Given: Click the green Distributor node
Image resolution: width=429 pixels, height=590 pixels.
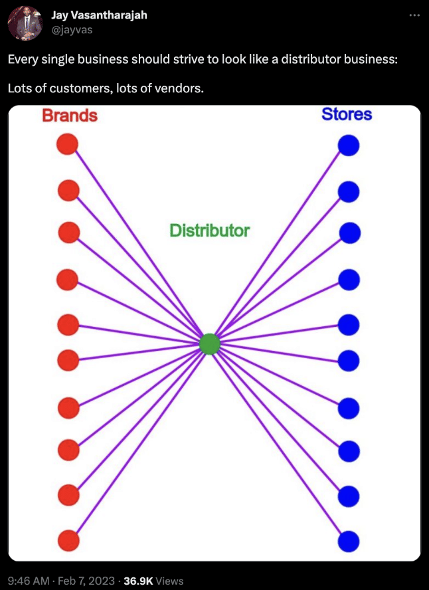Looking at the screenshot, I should (x=209, y=344).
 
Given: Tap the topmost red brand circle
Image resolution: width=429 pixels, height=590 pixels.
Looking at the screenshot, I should (x=68, y=144).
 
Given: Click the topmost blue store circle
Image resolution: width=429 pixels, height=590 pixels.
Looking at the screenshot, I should (x=349, y=146).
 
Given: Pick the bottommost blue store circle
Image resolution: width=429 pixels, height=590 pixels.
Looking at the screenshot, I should (x=349, y=541).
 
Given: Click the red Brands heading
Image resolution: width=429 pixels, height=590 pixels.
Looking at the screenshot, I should (x=70, y=116).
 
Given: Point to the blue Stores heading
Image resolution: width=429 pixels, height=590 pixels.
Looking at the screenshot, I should (x=347, y=114).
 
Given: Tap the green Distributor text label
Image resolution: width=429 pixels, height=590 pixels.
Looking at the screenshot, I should (x=209, y=231).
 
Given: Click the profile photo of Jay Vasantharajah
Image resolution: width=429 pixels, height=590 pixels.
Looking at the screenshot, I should (x=25, y=24).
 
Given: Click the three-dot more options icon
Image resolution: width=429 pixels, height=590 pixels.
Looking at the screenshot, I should (x=414, y=15).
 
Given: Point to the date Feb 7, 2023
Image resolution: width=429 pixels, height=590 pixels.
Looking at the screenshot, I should (x=86, y=581).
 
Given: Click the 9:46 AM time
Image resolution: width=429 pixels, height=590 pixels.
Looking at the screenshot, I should (x=29, y=581).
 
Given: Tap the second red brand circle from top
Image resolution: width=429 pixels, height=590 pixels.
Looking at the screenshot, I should (x=68, y=191).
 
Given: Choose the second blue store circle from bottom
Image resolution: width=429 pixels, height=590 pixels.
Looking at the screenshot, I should (x=349, y=496).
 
